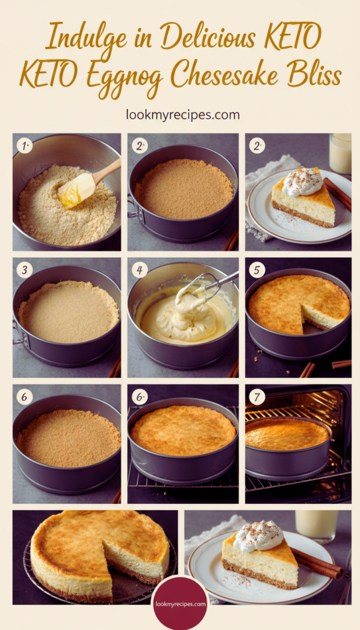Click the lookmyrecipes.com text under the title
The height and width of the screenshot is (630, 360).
tap(183, 115)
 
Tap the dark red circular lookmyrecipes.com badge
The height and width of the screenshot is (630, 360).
tap(180, 604)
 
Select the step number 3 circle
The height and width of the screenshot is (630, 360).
tap(24, 270)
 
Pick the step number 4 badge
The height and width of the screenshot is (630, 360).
tap(140, 270)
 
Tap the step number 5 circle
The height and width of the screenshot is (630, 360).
tap(257, 270)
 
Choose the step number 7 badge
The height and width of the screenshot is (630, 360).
tap(257, 397)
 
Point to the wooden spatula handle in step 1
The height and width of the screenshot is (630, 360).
tap(107, 171)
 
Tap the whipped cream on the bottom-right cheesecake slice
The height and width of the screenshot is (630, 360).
tap(258, 536)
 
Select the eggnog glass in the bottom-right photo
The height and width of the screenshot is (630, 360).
tap(316, 525)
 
